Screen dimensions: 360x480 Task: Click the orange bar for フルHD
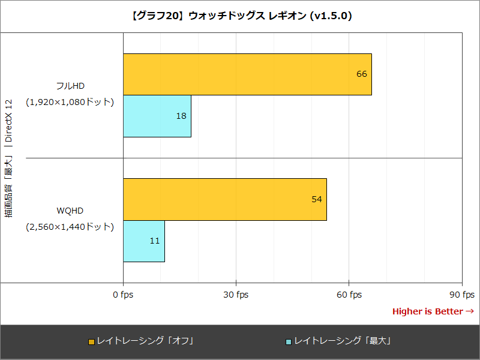coord(247,74)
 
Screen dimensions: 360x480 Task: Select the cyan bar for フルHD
coord(157,116)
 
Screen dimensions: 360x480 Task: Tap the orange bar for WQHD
coord(225,199)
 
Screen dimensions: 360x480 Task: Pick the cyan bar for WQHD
coord(144,241)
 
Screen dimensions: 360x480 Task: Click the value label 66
coord(361,74)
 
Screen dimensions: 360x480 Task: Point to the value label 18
coord(181,116)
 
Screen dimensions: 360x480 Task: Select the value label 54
coord(317,199)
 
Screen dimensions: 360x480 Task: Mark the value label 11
coord(154,241)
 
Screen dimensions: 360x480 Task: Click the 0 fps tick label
coord(123,295)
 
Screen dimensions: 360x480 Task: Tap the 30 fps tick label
coord(236,295)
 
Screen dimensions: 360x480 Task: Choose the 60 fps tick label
coord(349,295)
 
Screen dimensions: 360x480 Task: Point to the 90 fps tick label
coord(461,295)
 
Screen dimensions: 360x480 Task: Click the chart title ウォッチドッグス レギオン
coord(240,16)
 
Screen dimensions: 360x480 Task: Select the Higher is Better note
coord(433,311)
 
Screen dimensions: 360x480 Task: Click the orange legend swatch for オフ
coord(91,341)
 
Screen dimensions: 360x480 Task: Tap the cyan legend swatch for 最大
coord(289,341)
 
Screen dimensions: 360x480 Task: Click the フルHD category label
coord(70,86)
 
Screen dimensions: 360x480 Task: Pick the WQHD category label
coord(70,211)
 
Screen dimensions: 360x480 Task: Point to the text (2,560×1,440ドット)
coord(70,227)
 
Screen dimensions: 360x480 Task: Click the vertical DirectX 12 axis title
coord(9,157)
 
